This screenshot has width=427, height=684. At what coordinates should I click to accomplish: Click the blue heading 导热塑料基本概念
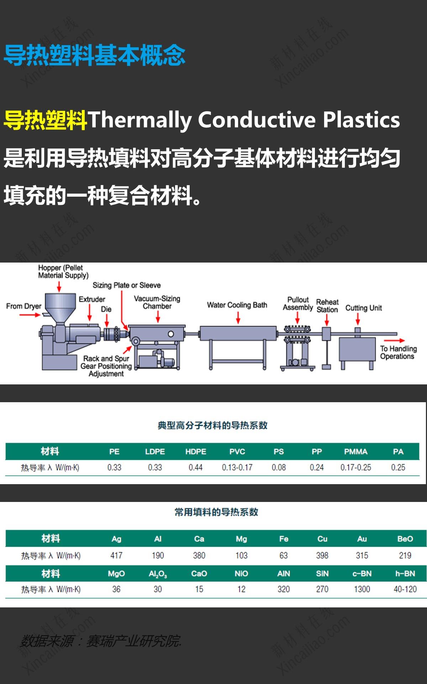tap(94, 56)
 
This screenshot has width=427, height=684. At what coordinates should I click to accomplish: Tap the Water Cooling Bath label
tap(237, 305)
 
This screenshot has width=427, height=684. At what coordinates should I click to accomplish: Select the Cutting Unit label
tap(363, 308)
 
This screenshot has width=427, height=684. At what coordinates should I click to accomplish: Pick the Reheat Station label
tap(327, 306)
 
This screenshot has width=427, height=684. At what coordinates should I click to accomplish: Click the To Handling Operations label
tap(398, 352)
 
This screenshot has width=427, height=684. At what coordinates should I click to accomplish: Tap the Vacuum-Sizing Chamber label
tap(157, 302)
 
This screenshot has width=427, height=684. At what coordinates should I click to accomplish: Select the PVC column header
tap(237, 451)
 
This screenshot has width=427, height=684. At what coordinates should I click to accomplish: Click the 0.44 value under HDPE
tap(196, 467)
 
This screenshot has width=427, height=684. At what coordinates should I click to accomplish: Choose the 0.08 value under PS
tap(279, 467)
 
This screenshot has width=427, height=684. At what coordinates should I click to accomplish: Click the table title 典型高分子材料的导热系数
tap(212, 425)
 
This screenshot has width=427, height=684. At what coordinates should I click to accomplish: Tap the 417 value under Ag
tap(116, 555)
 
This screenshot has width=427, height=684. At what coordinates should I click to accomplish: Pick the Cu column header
tap(322, 539)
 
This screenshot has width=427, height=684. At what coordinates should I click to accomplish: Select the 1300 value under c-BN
tap(362, 589)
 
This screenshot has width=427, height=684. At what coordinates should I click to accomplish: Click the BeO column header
tap(405, 539)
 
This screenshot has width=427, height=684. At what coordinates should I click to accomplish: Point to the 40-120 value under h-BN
tap(405, 589)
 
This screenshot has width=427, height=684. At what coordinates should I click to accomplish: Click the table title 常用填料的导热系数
tap(216, 512)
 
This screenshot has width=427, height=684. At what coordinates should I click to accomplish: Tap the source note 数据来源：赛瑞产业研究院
tap(101, 641)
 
